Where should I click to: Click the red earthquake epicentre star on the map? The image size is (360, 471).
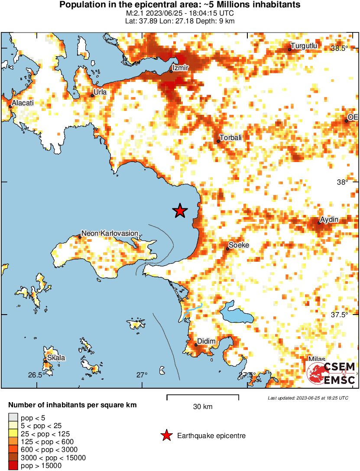coord(180,211)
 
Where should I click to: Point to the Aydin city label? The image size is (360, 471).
coord(329,220)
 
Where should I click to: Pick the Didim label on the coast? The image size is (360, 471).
coord(206,341)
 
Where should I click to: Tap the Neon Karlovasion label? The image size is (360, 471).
coord(110,234)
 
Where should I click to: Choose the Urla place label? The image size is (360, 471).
coord(100,92)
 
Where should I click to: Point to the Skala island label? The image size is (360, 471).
coord(56,358)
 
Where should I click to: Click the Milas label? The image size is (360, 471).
coord(316,360)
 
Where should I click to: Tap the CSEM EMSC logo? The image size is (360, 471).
coord(331,372)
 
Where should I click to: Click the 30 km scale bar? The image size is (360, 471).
coord(203,396)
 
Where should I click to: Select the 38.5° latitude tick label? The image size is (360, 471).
coord(339,48)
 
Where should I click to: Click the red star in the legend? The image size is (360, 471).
coord(165,435)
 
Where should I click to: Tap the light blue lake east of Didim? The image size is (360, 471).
coord(236,314)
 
